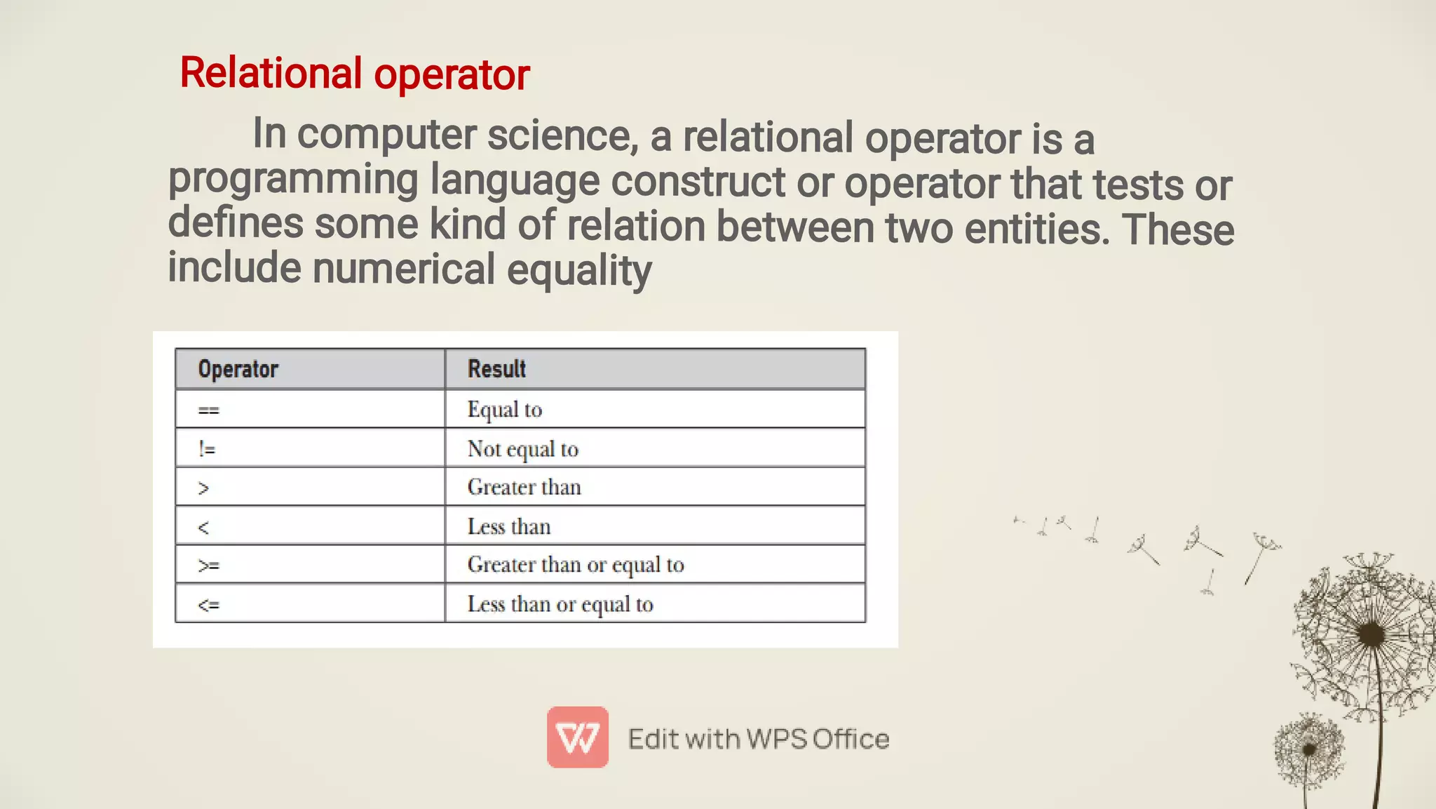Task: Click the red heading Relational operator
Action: pos(354,74)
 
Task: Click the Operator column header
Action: pos(238,369)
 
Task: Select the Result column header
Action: pos(496,369)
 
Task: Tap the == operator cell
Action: pos(209,410)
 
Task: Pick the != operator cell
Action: pos(207,449)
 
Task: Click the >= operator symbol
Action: pos(208,566)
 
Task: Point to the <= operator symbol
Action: pos(208,605)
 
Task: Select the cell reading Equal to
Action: pos(505,410)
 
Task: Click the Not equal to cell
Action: pos(523,449)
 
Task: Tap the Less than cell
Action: pos(509,527)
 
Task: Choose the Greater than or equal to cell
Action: pos(576,565)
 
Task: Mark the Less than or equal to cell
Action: pos(560,604)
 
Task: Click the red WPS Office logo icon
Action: pos(578,737)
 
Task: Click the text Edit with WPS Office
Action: pos(759,739)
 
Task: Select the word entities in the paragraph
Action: pos(1036,229)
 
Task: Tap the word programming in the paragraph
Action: pos(293,180)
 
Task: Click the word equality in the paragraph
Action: pos(579,271)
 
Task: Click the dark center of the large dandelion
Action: pos(1371,635)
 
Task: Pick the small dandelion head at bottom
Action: pos(1308,749)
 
